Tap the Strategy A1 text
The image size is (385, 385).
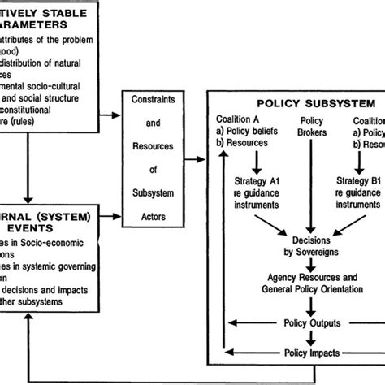258,181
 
